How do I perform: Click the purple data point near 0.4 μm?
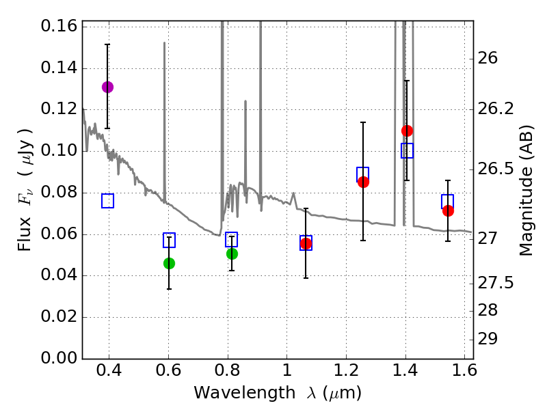click(x=107, y=87)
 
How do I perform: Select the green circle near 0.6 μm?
click(x=169, y=263)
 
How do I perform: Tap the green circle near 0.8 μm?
click(x=232, y=254)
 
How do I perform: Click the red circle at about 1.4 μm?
click(x=407, y=131)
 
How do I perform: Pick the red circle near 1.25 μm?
click(x=363, y=182)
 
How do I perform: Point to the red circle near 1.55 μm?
click(x=448, y=210)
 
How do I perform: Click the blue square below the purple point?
click(x=107, y=201)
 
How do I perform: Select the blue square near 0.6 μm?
click(x=169, y=240)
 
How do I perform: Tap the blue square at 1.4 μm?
click(x=407, y=150)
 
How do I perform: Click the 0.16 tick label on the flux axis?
click(x=59, y=27)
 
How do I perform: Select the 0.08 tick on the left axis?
click(x=59, y=193)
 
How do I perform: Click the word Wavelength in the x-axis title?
click(x=235, y=393)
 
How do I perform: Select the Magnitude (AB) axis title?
click(x=526, y=190)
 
